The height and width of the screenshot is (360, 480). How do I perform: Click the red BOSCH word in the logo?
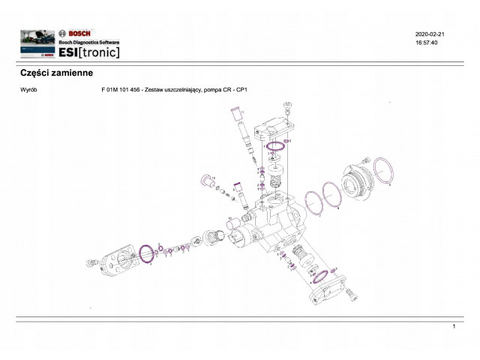click(80, 34)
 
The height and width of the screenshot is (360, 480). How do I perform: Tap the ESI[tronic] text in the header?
click(89, 52)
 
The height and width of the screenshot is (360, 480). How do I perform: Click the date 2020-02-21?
click(430, 34)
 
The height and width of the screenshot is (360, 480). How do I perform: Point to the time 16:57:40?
click(426, 43)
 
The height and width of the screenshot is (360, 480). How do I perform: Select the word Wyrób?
click(31, 90)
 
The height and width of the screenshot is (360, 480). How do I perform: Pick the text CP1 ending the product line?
click(241, 90)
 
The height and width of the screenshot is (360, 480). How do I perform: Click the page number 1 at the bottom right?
click(454, 328)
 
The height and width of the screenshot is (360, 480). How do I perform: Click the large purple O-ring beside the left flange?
click(148, 253)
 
